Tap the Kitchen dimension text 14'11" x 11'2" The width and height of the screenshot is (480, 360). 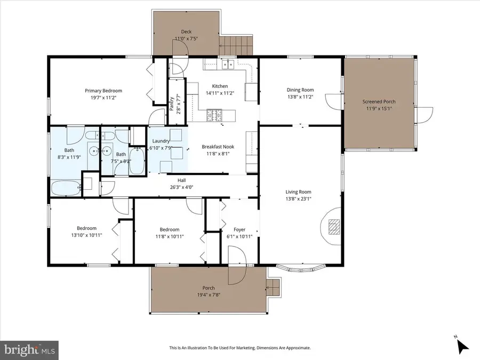pyautogui.click(x=220, y=93)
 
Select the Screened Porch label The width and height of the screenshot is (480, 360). pyautogui.click(x=379, y=101)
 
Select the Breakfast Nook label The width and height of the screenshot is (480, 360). pyautogui.click(x=218, y=147)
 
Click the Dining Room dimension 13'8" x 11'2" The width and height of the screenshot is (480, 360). pyautogui.click(x=300, y=97)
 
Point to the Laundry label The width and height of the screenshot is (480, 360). pyautogui.click(x=154, y=141)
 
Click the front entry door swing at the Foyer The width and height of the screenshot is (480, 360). pyautogui.click(x=236, y=267)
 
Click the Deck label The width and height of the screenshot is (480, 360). pyautogui.click(x=186, y=31)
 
